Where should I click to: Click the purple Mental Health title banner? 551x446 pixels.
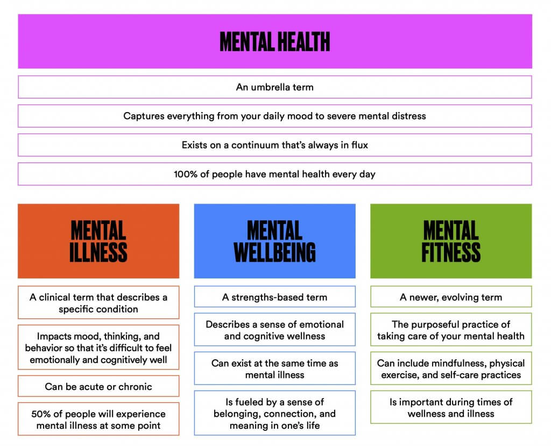pos(275,41)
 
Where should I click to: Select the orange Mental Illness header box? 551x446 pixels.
pos(98,241)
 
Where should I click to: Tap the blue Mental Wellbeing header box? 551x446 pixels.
pos(275,241)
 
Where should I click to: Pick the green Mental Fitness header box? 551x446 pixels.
pos(451,241)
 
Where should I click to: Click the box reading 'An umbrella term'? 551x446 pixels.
pos(275,87)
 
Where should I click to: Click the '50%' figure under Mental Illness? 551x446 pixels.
pos(40,414)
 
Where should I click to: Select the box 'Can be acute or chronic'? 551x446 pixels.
pos(98,386)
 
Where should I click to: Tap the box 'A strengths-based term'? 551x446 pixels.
pos(275,297)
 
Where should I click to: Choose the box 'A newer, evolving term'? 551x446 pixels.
pos(451,297)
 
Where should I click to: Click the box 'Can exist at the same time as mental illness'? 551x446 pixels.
pos(275,368)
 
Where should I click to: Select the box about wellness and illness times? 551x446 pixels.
pos(451,407)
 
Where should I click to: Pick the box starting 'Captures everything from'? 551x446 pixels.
pos(275,116)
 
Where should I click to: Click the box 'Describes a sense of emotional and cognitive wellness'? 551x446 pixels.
pos(275,330)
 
